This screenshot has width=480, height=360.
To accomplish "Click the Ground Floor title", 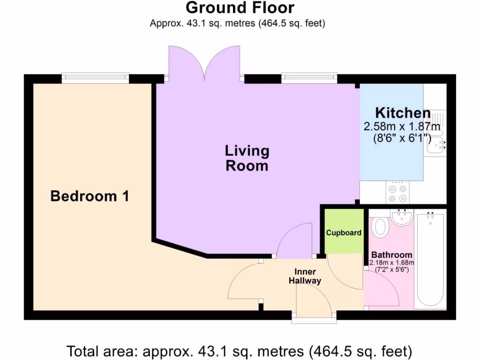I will click(x=240, y=8).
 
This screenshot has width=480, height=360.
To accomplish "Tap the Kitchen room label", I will click(x=403, y=113).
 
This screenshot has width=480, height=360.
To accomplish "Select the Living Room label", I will click(x=247, y=158).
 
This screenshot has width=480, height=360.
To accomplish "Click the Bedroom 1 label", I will click(x=90, y=196).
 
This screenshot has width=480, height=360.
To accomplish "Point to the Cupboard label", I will click(x=344, y=232).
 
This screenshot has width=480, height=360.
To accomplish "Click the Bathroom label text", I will click(x=392, y=255).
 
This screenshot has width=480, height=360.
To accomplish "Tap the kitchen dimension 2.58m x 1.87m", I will click(x=402, y=127).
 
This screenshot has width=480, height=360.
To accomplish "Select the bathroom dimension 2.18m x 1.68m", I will click(x=392, y=262).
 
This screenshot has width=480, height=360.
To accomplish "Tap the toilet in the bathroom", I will click(x=380, y=227).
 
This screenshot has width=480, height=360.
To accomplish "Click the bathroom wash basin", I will click(x=402, y=217).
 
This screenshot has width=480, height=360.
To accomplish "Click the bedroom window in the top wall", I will click(x=95, y=78).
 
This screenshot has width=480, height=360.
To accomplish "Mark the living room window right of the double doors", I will click(x=309, y=78).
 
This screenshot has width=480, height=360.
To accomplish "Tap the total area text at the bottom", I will click(x=240, y=350).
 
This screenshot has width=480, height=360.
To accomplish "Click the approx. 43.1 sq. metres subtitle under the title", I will click(x=237, y=23).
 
